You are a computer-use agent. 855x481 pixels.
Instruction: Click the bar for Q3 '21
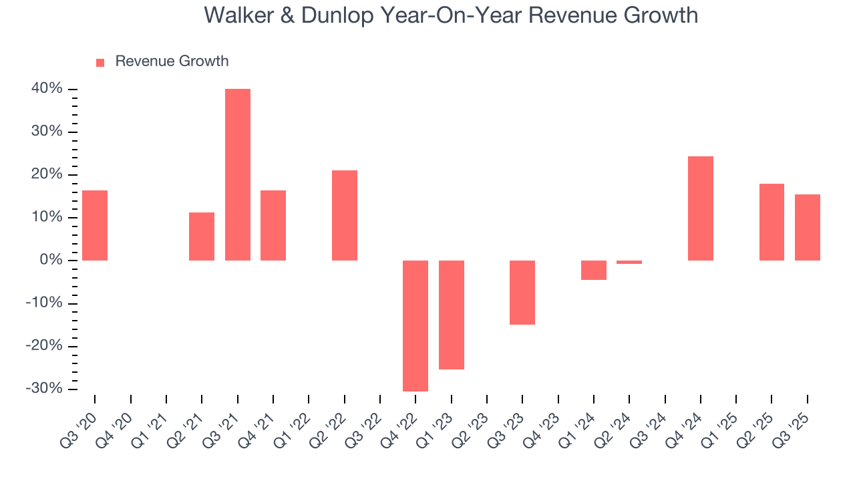coord(238,174)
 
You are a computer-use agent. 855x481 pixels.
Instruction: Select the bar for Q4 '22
coord(415,325)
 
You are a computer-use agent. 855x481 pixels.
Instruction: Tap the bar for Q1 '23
coord(452,315)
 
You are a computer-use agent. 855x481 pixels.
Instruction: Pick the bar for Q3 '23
coord(522,292)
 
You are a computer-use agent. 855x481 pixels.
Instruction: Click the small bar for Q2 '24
coord(629,262)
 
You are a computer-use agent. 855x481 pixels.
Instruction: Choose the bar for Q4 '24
coord(701,208)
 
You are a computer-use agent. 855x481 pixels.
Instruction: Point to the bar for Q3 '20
coord(95,225)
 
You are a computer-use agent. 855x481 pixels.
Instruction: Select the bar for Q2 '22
coord(345,215)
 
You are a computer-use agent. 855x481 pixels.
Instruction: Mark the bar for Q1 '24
coord(594,270)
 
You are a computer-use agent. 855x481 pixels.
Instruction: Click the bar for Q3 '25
coord(808,227)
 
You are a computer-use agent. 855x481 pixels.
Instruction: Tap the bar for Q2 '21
coord(202,236)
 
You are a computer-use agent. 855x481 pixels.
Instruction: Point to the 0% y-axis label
coord(52,260)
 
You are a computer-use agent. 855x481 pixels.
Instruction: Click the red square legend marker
coord(100,62)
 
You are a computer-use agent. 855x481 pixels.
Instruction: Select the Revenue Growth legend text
coord(172,61)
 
